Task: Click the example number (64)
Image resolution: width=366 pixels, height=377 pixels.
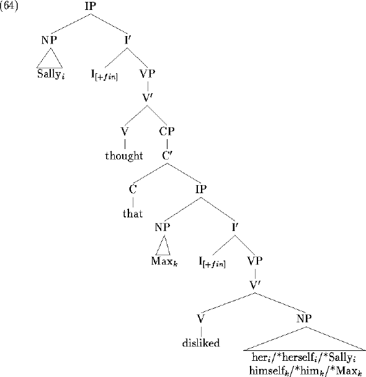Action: pos(9,6)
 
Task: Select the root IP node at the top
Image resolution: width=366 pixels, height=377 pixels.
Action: pos(91,6)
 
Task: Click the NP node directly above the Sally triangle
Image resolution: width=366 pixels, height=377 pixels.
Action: pos(49,40)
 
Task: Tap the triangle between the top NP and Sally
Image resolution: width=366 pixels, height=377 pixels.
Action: pos(50,58)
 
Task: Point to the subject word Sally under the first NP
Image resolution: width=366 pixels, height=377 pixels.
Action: pos(51,74)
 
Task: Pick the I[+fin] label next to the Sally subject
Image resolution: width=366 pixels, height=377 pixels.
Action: pos(104,75)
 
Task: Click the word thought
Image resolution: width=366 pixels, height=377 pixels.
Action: pos(124,155)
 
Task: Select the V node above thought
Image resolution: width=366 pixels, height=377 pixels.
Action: pos(125,131)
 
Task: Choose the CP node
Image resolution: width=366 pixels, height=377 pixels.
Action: pos(167,131)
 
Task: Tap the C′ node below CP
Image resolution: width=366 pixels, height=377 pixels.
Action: pos(167,155)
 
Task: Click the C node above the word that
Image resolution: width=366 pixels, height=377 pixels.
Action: pos(133,189)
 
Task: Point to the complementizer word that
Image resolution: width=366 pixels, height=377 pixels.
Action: pos(133,213)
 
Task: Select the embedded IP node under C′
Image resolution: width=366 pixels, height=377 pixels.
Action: pos(201,189)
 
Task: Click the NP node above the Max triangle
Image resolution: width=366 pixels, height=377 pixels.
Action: pos(163,227)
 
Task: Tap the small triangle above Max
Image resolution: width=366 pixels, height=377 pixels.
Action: pos(163,245)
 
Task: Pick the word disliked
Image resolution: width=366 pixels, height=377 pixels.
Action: pos(201,343)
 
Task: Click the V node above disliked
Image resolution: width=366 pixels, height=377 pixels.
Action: pos(201,319)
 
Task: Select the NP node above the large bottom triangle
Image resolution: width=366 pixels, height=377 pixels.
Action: pos(304,319)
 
